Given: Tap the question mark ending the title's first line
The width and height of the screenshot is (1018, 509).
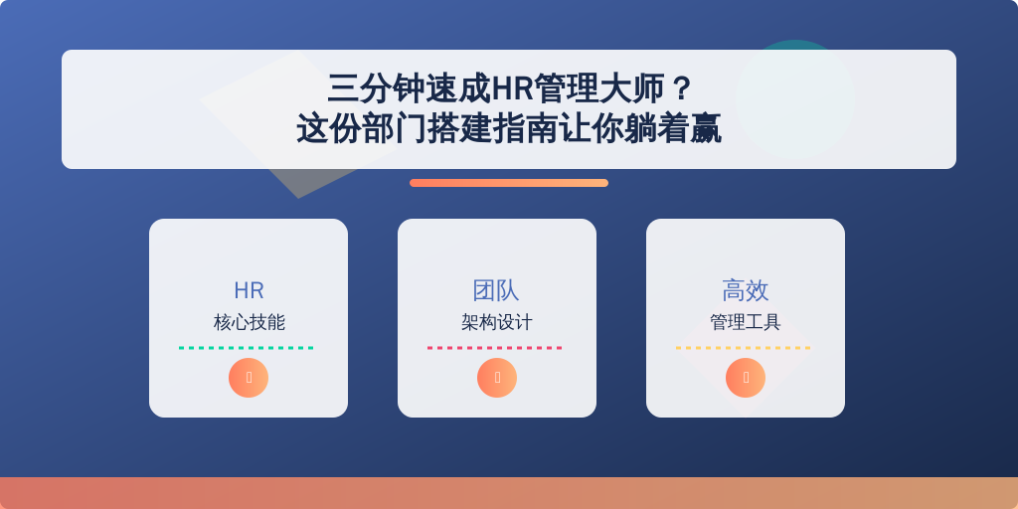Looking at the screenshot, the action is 681,88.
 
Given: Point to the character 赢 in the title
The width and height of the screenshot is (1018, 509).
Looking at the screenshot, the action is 705,128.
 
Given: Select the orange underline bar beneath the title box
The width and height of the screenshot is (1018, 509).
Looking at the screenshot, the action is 509,183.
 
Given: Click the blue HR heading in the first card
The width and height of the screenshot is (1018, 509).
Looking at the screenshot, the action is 249,291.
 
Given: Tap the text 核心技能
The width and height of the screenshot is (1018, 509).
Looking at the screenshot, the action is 249,322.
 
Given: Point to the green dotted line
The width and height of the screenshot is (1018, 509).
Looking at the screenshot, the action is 247,348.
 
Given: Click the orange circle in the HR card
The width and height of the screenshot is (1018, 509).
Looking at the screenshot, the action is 249,378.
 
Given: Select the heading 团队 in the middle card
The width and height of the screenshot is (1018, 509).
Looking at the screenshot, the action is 497,290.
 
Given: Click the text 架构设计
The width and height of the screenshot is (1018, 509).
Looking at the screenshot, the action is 497,322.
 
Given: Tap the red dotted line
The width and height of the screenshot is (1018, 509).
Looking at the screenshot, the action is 495,348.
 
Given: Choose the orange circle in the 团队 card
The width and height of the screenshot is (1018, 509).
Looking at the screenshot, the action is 497,378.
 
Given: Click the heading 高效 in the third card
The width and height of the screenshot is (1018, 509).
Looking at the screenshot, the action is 746,290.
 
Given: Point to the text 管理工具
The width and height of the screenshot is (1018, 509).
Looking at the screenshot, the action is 746,322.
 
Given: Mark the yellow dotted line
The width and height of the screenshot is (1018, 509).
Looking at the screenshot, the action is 744,348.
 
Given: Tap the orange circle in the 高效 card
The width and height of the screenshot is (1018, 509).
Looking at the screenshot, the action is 746,378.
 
